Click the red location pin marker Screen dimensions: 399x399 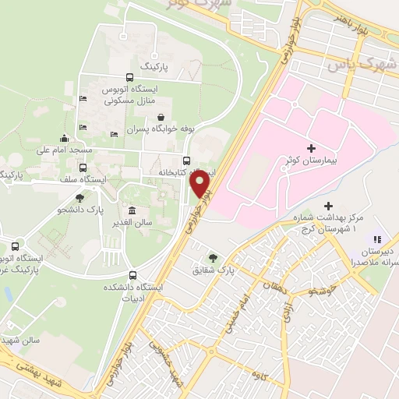[201, 183]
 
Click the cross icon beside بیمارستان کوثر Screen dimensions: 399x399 [312, 147]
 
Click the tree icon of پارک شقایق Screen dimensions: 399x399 [212, 258]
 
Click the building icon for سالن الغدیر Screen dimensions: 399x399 [130, 210]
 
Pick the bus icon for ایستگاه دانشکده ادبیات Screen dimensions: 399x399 [133, 275]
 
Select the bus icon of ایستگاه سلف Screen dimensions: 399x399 [83, 168]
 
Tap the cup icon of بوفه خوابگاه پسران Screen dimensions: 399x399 [161, 117]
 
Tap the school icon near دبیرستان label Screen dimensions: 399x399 [376, 239]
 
